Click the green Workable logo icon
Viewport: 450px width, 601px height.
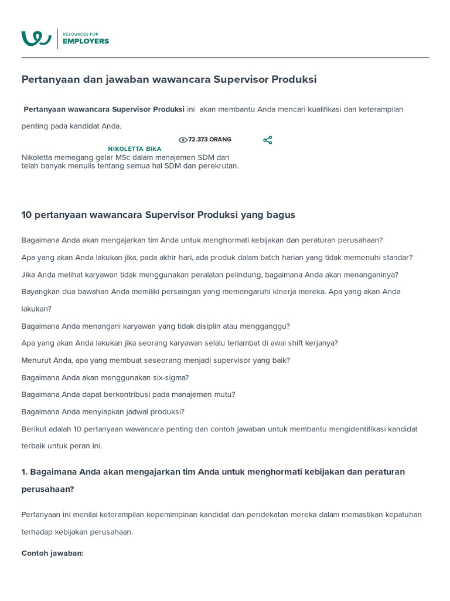tap(36, 38)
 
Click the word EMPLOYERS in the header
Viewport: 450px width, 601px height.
tap(86, 41)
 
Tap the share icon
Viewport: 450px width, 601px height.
tap(268, 140)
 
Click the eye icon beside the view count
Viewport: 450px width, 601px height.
tap(183, 140)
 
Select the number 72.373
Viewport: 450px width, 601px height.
tap(197, 140)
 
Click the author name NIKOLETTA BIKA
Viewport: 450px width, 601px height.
tap(134, 149)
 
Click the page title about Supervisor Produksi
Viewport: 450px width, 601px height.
tap(169, 79)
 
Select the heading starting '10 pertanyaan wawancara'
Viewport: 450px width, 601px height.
tap(158, 215)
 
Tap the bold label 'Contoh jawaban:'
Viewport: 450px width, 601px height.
tap(53, 553)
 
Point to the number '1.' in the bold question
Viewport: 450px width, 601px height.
tap(25, 472)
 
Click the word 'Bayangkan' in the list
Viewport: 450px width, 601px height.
tap(40, 292)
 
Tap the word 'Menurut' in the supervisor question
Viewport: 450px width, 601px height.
tap(36, 360)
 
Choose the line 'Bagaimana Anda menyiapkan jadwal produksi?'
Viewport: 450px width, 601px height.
tap(103, 411)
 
